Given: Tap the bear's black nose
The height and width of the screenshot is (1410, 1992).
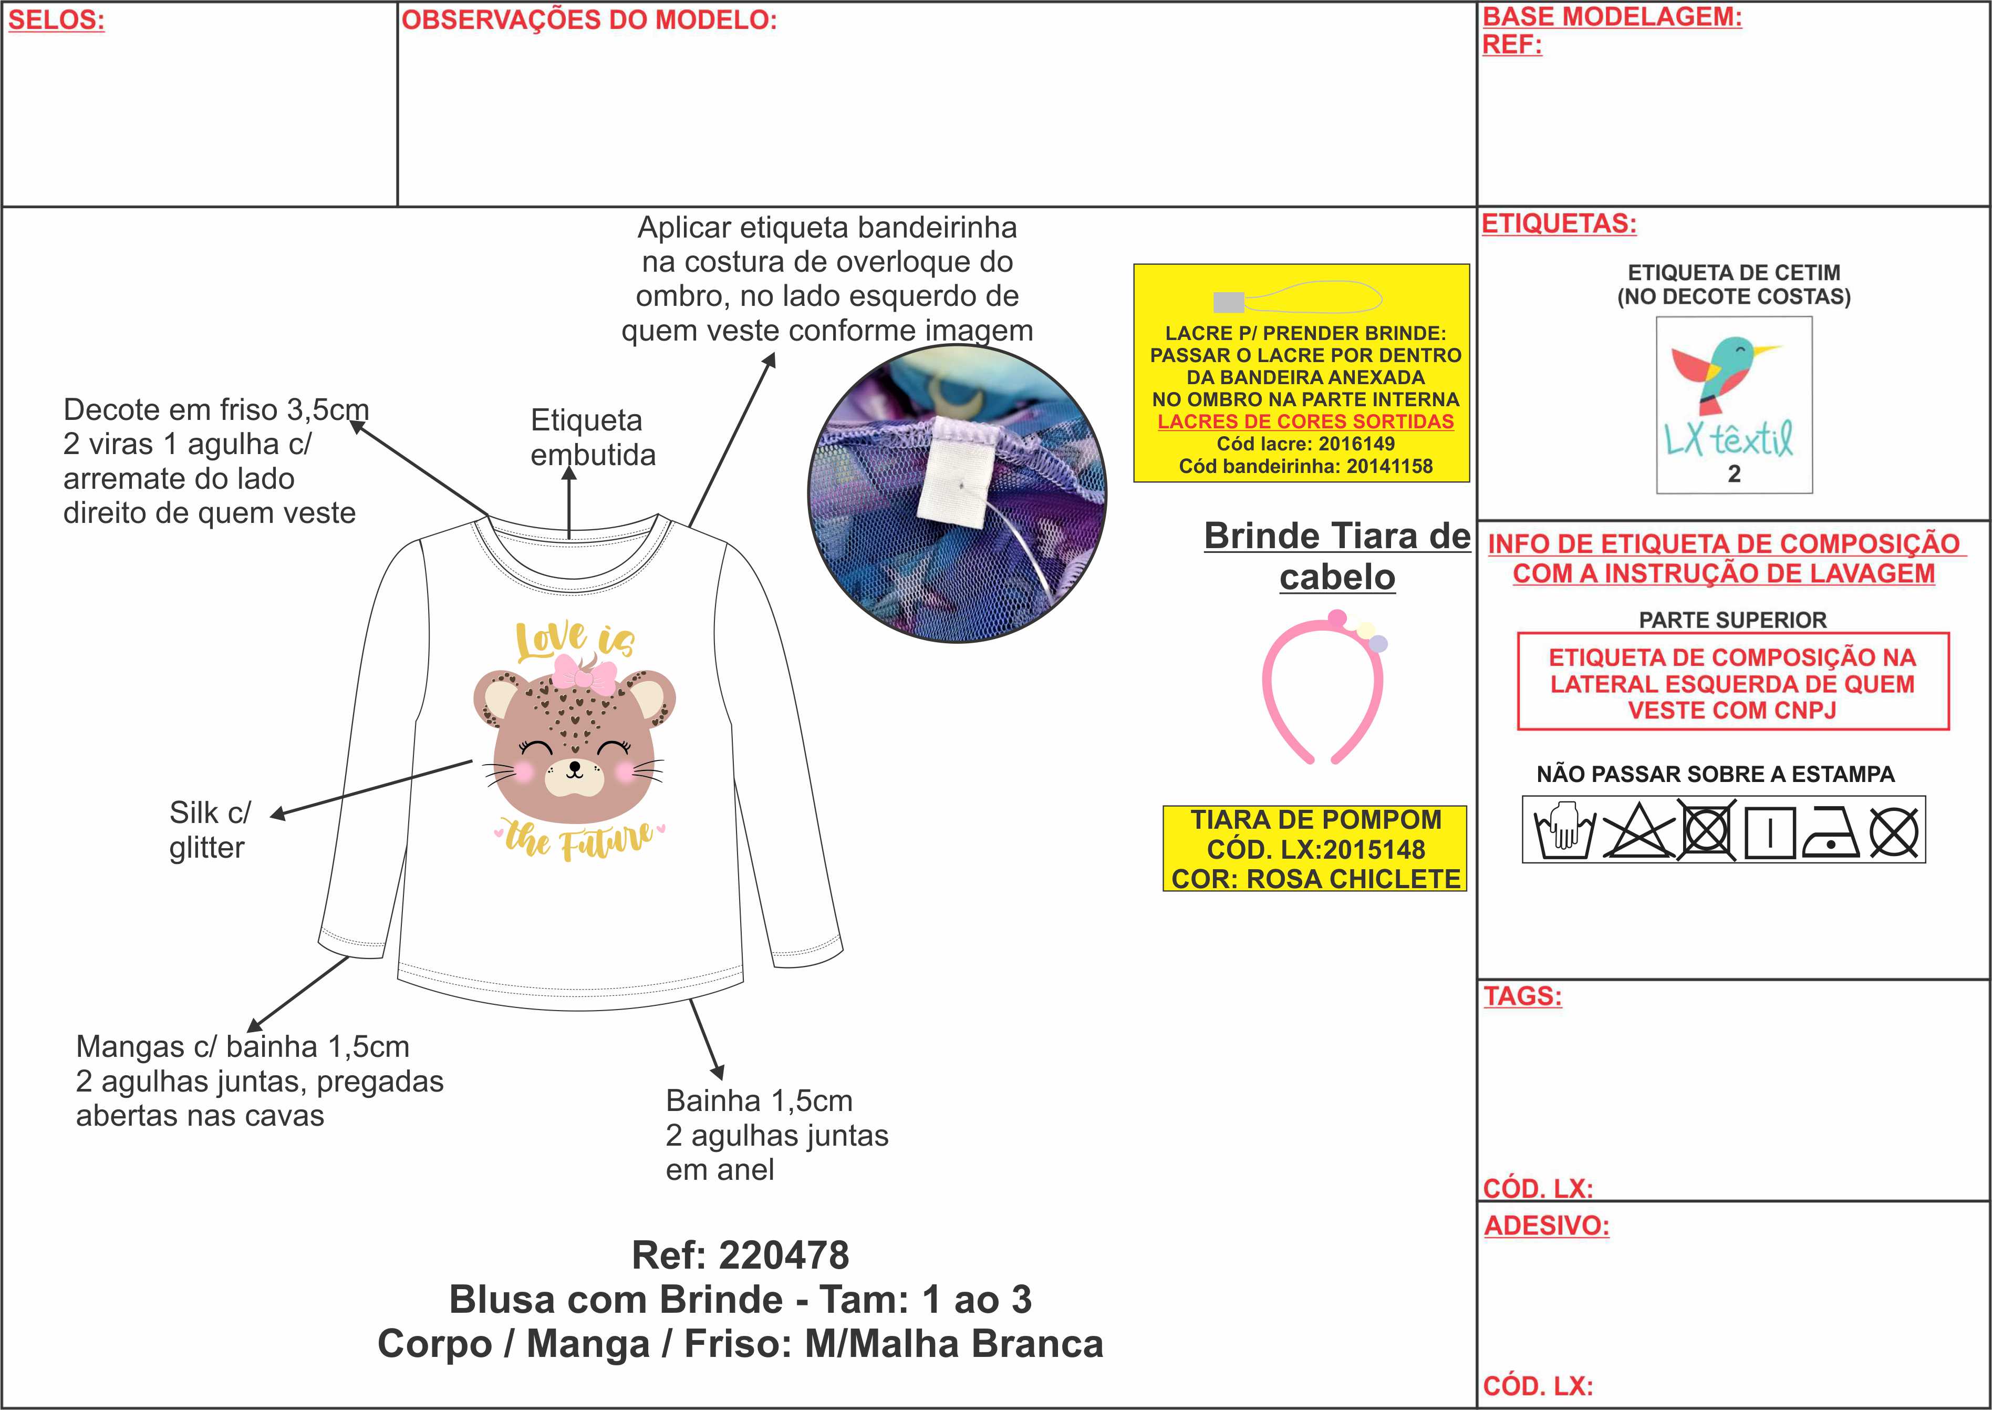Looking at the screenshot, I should coord(574,766).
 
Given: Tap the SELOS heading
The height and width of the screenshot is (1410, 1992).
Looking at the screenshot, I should coord(56,20).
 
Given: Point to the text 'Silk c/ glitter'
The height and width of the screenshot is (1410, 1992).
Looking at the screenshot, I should coord(209,830).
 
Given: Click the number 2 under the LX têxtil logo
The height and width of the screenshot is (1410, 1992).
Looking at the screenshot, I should coord(1734,474).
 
